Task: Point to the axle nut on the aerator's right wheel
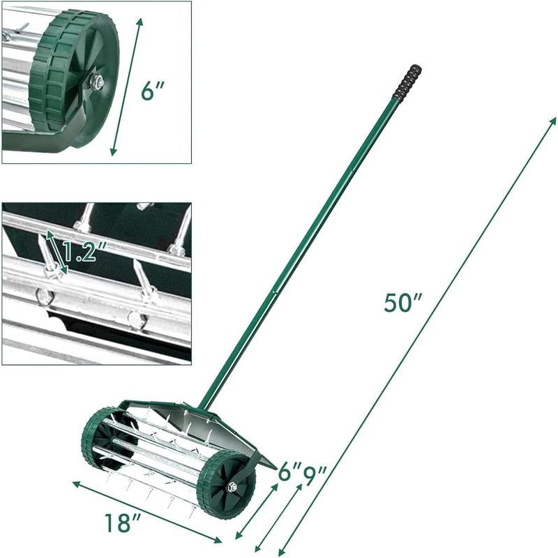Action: click(231, 487)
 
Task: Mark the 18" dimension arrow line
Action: click(146, 511)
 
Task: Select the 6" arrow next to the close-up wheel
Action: click(128, 86)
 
